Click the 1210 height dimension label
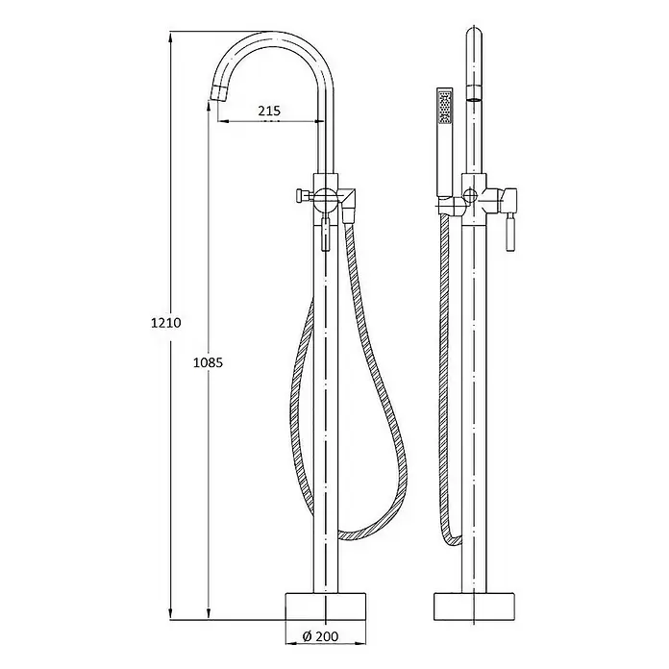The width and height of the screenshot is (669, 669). coord(166,323)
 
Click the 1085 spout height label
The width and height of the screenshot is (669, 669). coord(209,362)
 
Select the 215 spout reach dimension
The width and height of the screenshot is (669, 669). coord(269,111)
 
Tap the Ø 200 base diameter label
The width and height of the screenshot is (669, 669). coord(320,636)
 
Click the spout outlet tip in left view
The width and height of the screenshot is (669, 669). coord(220,93)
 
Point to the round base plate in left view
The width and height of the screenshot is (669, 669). coord(325,606)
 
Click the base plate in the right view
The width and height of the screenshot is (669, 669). coord(474,606)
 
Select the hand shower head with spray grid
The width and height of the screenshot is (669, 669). coord(445,107)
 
